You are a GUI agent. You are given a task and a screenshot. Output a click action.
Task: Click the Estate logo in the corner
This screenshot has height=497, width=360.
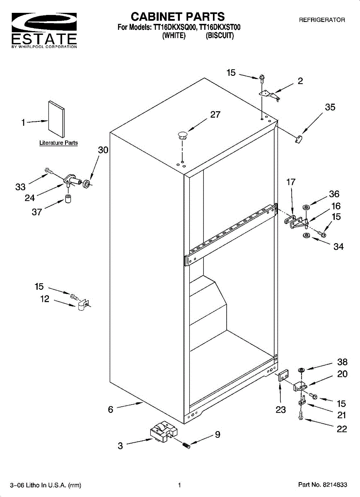[44, 30]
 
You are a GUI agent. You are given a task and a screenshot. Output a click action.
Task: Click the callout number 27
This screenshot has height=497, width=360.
[215, 115]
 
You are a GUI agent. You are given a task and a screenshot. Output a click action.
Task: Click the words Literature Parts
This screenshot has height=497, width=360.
[58, 143]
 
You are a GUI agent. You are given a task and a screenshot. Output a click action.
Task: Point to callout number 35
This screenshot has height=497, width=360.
[330, 107]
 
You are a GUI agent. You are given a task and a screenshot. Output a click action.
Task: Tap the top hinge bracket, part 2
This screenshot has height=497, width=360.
[270, 94]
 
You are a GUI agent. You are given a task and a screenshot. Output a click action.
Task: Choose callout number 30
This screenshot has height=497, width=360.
[103, 150]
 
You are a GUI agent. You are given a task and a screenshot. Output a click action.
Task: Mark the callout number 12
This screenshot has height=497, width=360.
[45, 299]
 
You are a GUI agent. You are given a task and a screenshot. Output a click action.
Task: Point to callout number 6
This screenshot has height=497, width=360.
[111, 409]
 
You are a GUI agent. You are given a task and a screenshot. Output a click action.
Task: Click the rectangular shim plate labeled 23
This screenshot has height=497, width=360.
[284, 376]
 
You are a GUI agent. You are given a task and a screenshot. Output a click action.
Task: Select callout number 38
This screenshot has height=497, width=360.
[342, 362]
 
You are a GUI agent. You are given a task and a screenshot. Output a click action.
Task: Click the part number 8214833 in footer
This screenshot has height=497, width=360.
[335, 485]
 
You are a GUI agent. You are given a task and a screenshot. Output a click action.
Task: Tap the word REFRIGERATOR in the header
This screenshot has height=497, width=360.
[322, 20]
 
